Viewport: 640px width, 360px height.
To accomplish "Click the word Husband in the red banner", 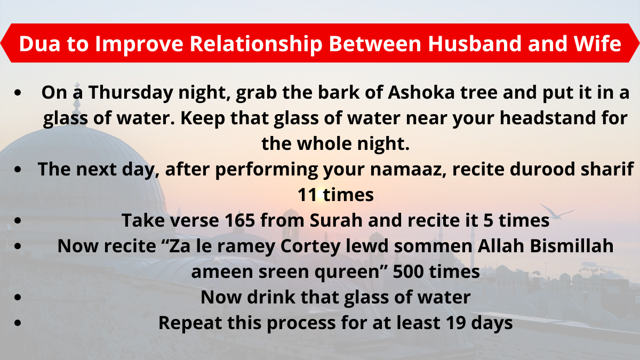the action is [475, 43].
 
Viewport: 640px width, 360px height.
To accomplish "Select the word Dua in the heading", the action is [39, 43].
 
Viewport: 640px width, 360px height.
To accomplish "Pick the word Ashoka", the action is [421, 92].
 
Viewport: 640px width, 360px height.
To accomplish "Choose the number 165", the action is [239, 221].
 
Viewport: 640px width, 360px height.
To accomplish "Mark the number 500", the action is [409, 271].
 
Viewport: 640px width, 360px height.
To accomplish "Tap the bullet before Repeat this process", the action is [18, 323].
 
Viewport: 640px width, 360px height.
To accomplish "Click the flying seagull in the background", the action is [556, 211].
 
